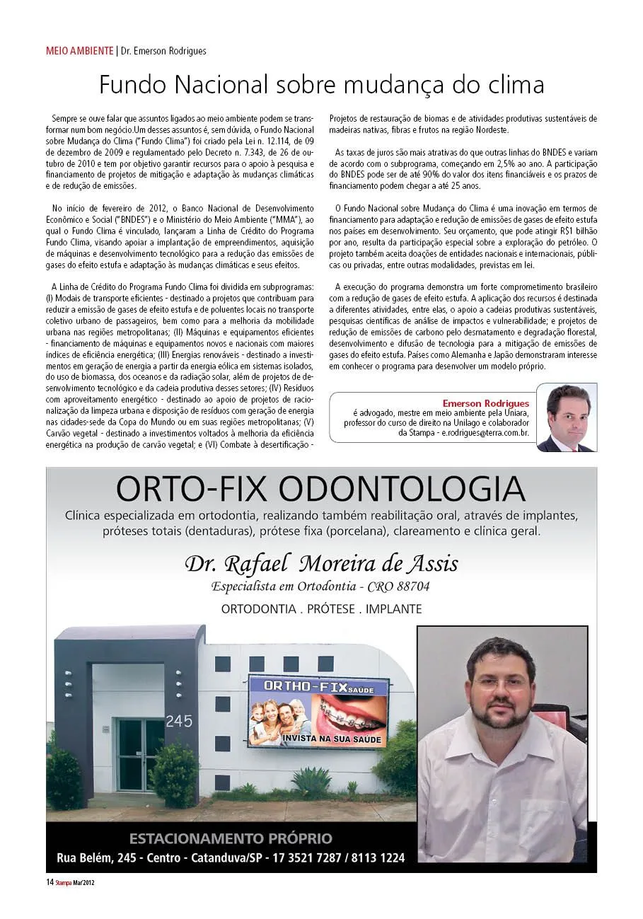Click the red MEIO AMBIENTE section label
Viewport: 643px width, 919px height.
(79, 51)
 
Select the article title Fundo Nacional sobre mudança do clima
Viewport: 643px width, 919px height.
(321, 86)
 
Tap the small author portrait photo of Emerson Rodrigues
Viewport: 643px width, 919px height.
(566, 417)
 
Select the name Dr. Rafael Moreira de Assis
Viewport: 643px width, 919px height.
(321, 564)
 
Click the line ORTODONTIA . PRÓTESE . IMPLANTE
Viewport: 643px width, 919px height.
(321, 609)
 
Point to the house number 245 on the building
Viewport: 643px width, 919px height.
(178, 722)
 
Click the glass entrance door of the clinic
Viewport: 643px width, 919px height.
(139, 754)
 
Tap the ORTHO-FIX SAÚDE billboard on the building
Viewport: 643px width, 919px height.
(318, 712)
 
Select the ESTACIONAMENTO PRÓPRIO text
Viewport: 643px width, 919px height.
(231, 839)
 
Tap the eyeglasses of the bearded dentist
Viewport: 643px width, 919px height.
(501, 684)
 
